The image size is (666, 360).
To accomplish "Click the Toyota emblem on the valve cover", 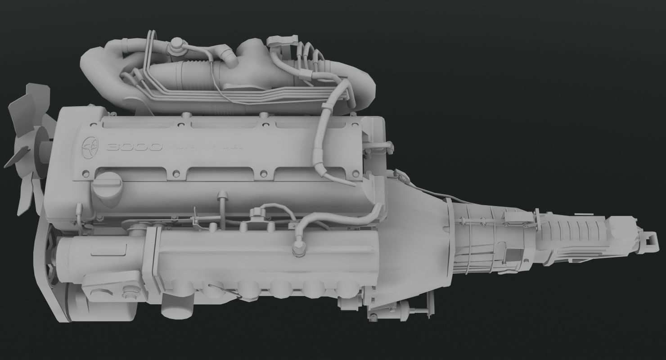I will tap(90, 147).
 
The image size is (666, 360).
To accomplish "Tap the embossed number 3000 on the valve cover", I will tap(134, 148).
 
